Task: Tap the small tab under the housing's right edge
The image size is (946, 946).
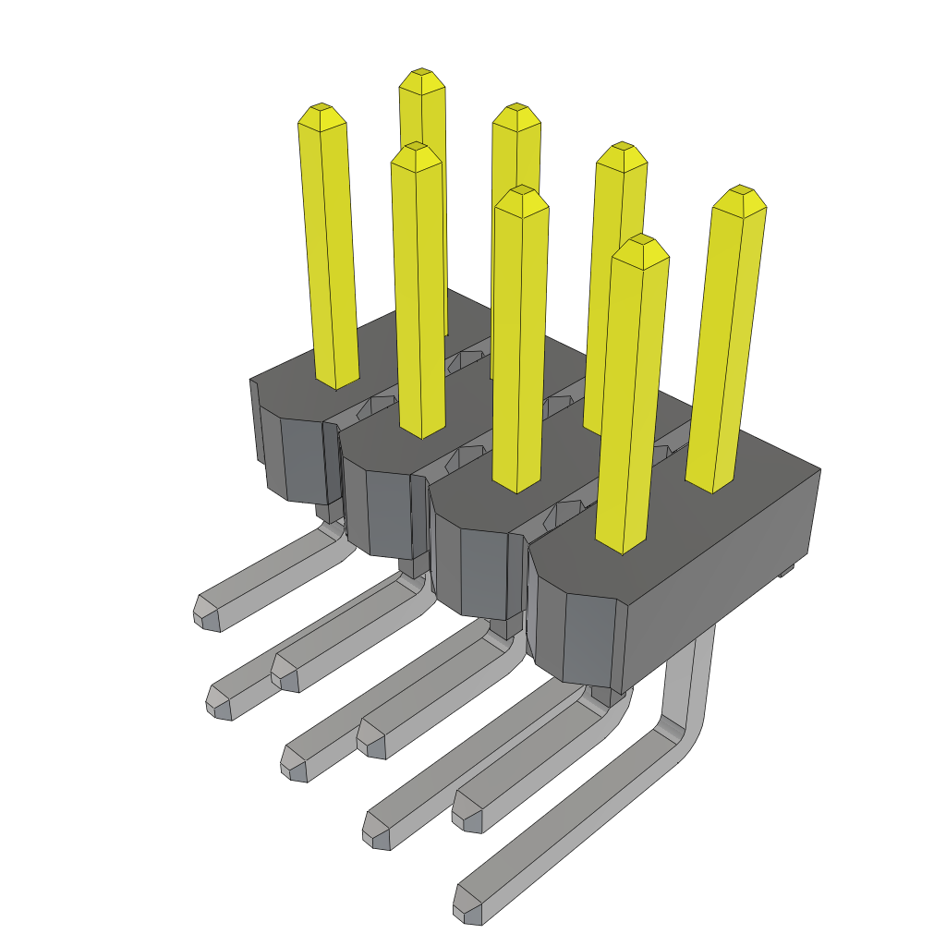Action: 786,571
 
